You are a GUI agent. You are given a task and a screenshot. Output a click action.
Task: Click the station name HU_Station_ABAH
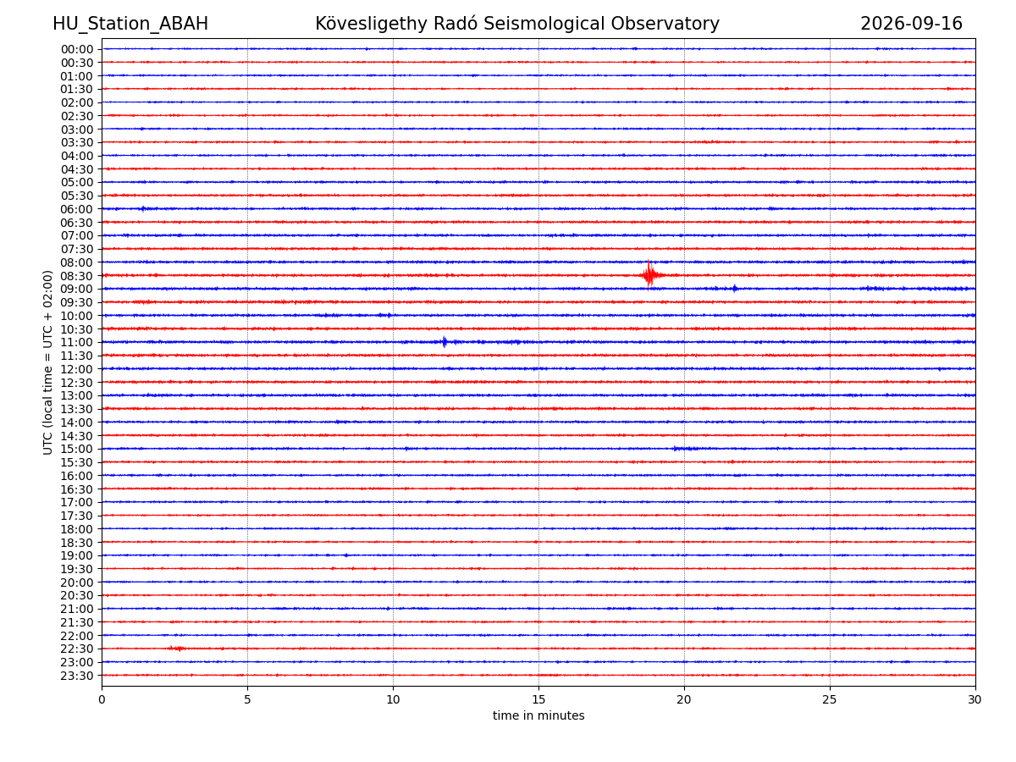[130, 24]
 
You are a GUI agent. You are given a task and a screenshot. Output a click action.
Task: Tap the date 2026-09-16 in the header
[910, 24]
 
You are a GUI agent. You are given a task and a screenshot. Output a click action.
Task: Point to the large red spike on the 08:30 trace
[649, 274]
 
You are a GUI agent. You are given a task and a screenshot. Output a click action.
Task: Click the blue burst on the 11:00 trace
[444, 341]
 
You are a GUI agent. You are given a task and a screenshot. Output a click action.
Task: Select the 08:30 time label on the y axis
[77, 276]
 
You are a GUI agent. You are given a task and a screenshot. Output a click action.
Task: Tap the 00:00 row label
[77, 49]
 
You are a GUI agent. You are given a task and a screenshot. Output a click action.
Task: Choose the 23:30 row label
[77, 675]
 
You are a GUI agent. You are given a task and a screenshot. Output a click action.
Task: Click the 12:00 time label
[77, 369]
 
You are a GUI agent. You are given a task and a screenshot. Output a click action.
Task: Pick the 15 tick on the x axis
[538, 698]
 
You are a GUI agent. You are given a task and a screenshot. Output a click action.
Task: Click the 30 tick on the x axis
[975, 698]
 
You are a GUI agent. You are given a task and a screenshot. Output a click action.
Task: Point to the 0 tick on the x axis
[102, 698]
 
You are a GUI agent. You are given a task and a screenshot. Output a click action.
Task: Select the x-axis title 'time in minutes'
[538, 715]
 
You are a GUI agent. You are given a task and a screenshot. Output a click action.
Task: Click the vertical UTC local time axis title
[47, 362]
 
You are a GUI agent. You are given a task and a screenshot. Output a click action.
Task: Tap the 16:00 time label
[77, 475]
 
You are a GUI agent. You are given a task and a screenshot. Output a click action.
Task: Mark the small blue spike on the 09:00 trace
[734, 288]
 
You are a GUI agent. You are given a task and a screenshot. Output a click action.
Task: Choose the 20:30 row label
[77, 594]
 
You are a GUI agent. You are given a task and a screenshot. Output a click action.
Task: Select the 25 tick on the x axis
[829, 698]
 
